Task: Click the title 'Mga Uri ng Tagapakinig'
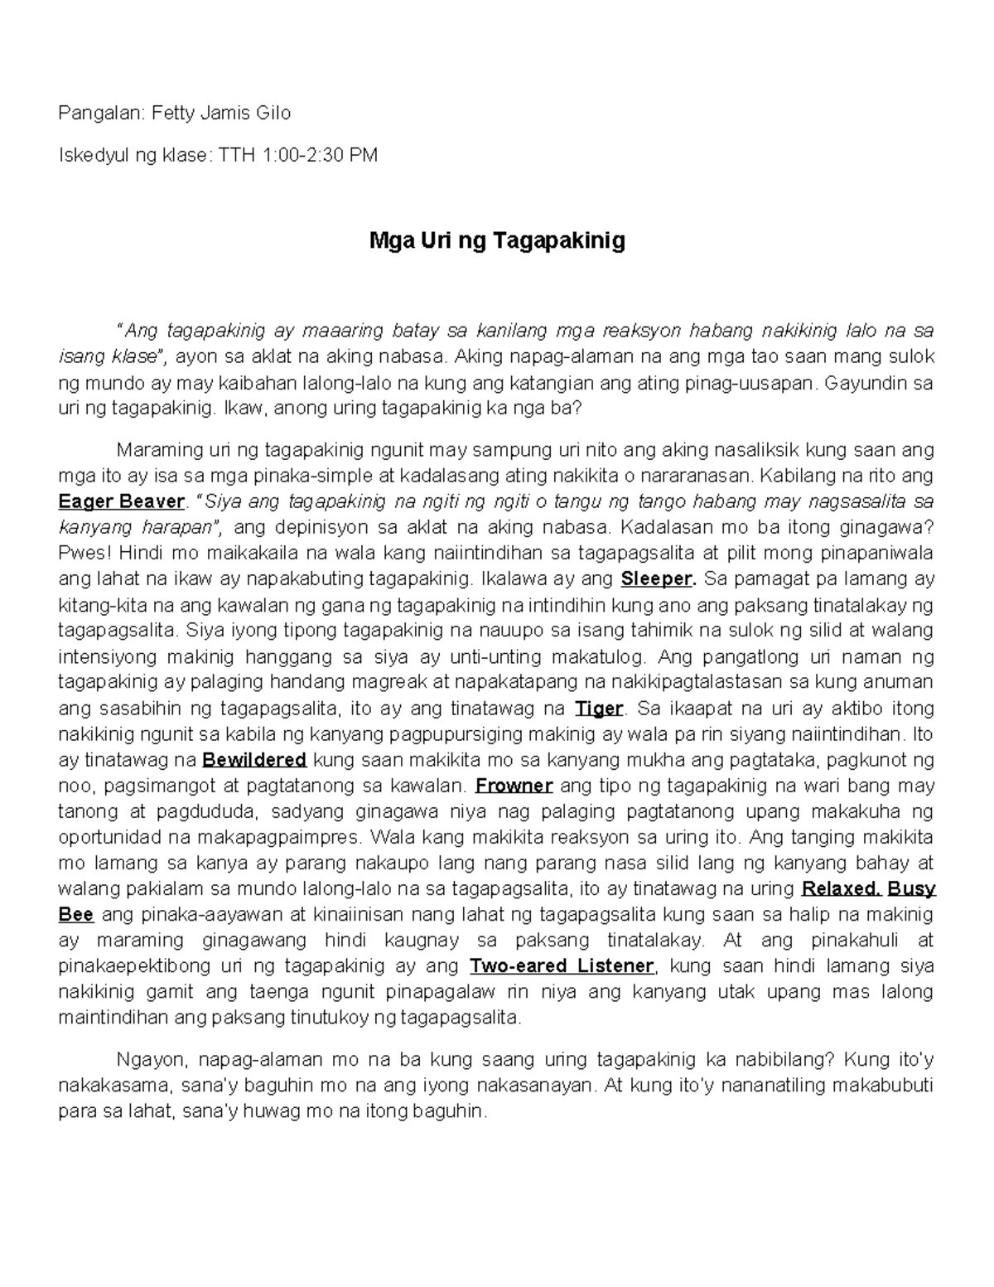[x=496, y=241]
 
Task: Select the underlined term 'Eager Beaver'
[x=121, y=501]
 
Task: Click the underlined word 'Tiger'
[x=598, y=709]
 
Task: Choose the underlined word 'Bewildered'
[x=254, y=760]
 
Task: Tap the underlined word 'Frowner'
[x=514, y=786]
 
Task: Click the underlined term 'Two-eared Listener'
[x=562, y=966]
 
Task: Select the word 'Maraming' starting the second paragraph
[x=157, y=450]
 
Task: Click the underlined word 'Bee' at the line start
[x=75, y=915]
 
